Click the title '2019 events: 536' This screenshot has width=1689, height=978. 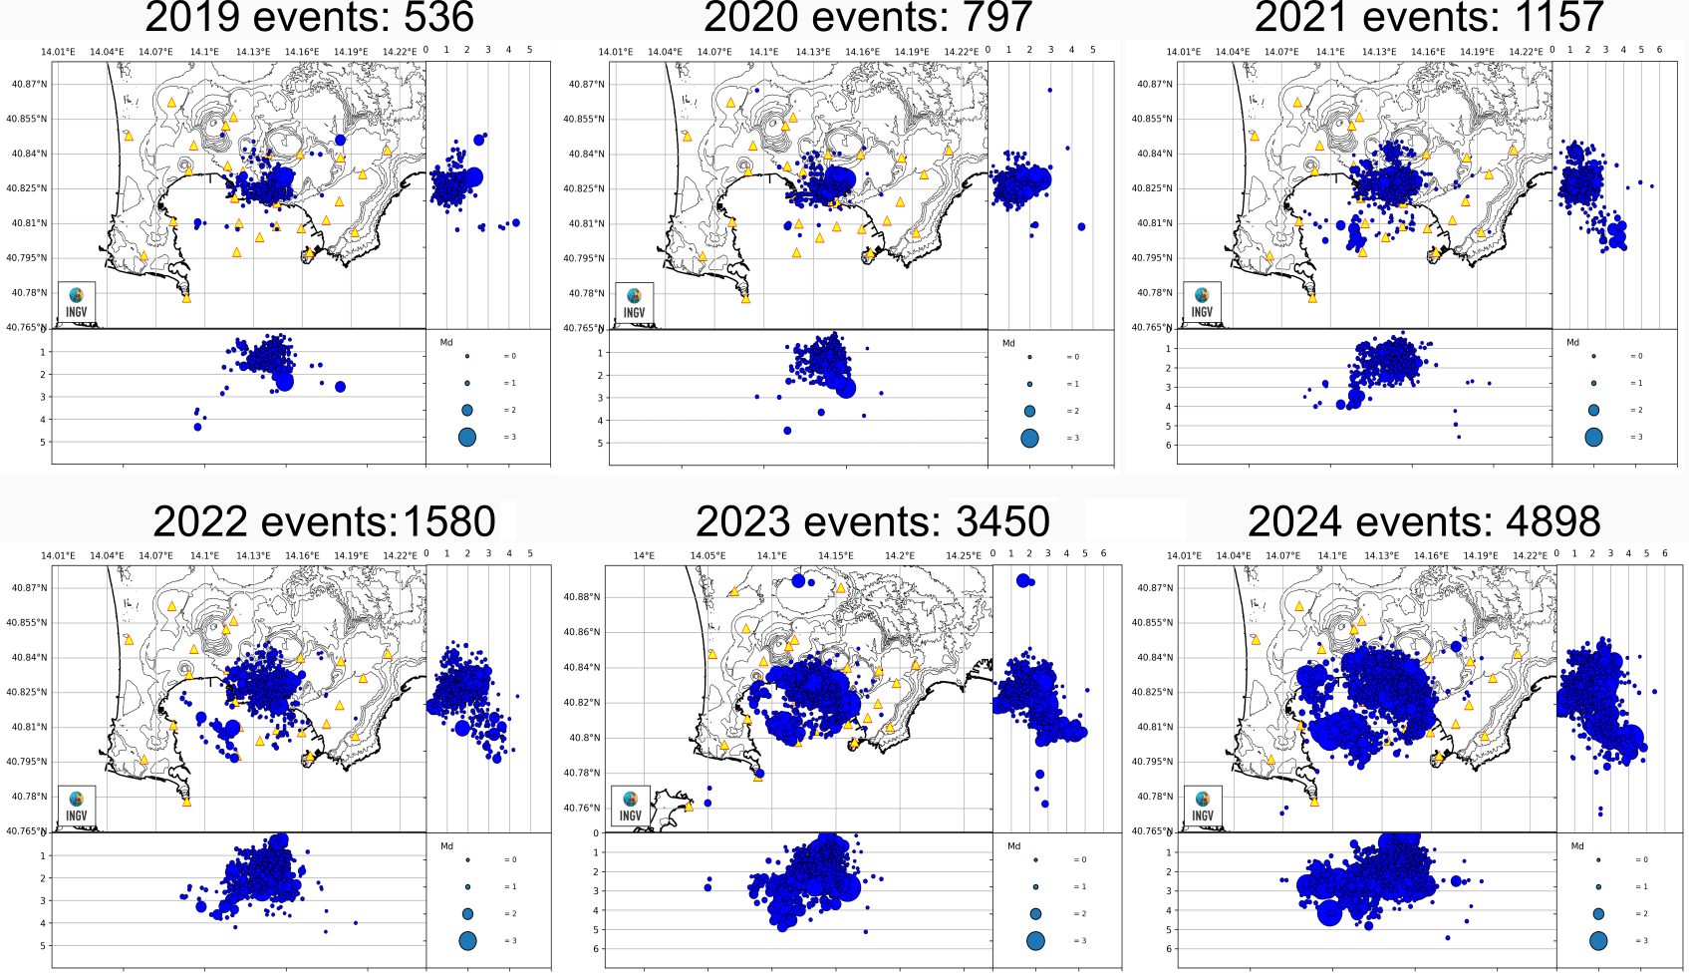point(309,17)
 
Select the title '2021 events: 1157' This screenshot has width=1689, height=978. point(1428,17)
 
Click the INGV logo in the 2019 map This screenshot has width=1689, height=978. point(77,301)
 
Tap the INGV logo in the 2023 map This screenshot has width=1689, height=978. point(631,805)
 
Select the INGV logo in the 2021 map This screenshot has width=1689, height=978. point(1203,301)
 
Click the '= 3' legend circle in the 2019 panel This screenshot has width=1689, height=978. point(467,437)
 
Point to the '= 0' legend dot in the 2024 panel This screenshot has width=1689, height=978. point(1597,859)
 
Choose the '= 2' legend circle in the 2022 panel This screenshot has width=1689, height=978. point(467,913)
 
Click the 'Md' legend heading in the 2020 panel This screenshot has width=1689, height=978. point(1008,343)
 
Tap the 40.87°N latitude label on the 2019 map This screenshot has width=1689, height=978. point(29,85)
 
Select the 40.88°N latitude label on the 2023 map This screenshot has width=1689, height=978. point(583,597)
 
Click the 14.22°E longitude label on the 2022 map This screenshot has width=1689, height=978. point(400,555)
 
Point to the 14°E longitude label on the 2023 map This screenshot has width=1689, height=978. point(644,555)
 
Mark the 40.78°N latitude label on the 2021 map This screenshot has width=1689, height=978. point(1155,293)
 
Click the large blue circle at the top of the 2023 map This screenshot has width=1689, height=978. point(798,580)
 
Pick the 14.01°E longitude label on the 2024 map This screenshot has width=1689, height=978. point(1184,555)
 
